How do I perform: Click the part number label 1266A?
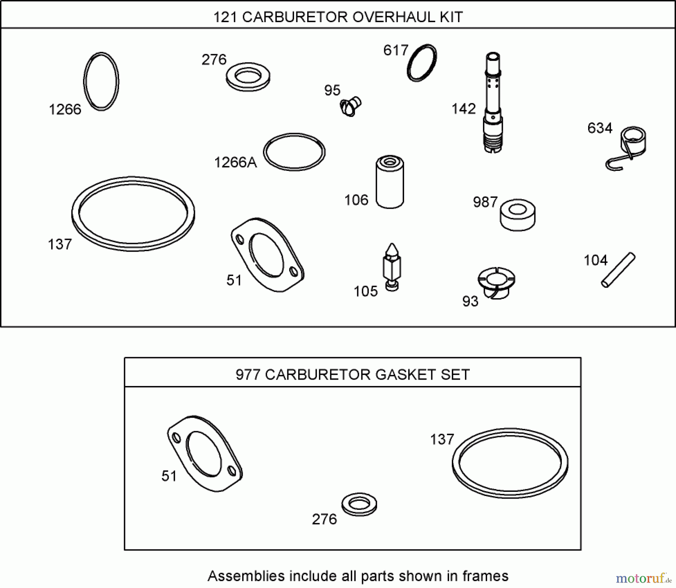[235, 163]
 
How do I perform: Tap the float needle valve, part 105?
[392, 267]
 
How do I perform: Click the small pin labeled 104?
[618, 270]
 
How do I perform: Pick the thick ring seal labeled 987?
[518, 215]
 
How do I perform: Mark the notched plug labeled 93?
[496, 282]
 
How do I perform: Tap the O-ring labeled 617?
[422, 63]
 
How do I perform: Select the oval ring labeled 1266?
[101, 81]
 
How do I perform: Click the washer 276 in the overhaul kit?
[248, 76]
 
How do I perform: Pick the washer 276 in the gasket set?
[359, 504]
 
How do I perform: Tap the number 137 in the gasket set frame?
[442, 439]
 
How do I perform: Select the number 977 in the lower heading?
[248, 375]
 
